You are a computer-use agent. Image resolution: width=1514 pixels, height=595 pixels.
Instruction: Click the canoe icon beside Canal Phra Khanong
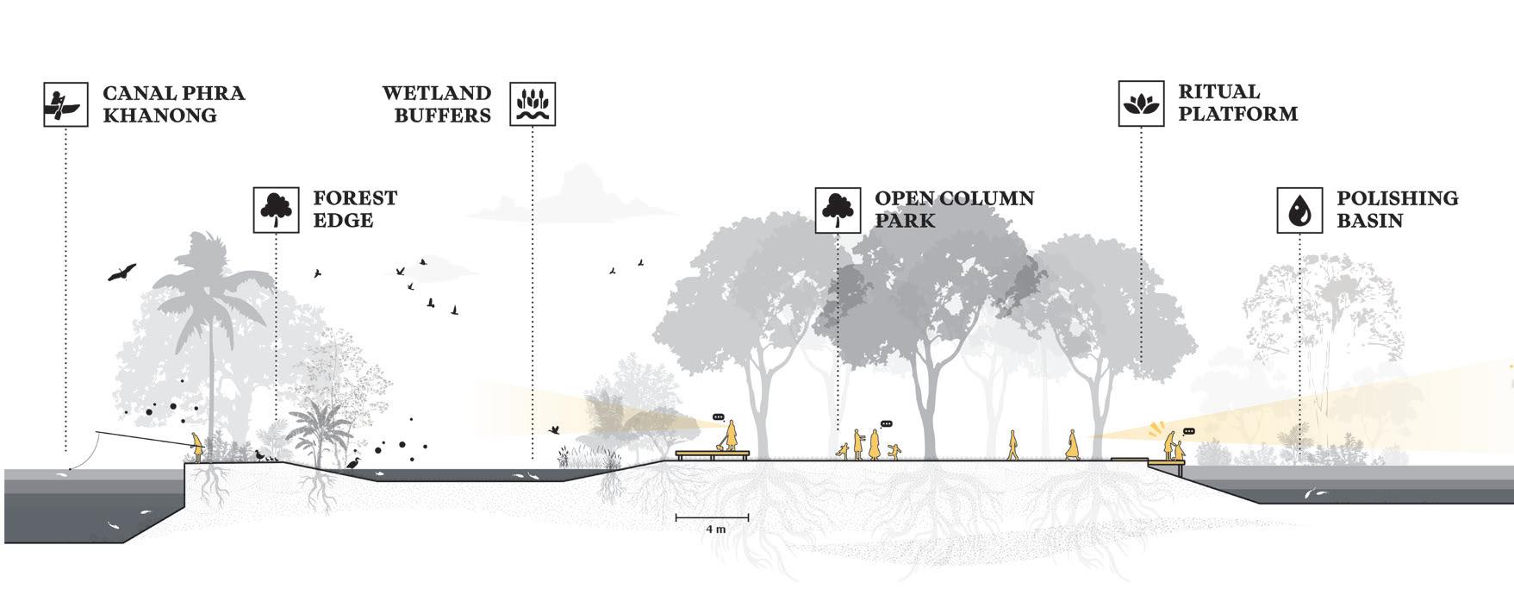(65, 104)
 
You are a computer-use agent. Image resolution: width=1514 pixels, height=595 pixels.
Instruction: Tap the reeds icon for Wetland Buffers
(533, 104)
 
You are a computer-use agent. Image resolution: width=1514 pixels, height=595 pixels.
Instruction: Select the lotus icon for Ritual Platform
(1141, 103)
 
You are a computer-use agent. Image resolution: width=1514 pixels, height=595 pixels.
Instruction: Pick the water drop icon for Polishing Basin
(1299, 210)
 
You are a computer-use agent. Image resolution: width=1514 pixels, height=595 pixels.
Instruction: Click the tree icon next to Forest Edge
(276, 210)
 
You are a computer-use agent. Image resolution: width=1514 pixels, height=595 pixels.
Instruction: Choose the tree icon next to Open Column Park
(838, 210)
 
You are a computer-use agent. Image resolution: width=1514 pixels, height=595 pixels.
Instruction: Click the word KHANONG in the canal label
(159, 116)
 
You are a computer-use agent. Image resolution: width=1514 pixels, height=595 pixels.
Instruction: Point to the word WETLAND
(437, 93)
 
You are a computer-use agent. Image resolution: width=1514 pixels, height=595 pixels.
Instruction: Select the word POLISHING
(1397, 198)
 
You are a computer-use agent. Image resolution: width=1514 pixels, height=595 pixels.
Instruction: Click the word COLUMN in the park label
(987, 198)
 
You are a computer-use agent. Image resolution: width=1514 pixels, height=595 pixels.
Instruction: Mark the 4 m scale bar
(712, 517)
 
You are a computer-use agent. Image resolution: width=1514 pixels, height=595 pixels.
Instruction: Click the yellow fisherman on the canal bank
(198, 447)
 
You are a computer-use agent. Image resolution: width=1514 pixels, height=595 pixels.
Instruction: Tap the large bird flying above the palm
(122, 272)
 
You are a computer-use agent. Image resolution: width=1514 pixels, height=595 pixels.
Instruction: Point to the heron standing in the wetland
(353, 462)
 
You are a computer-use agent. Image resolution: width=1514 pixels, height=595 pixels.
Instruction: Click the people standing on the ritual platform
(1174, 448)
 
